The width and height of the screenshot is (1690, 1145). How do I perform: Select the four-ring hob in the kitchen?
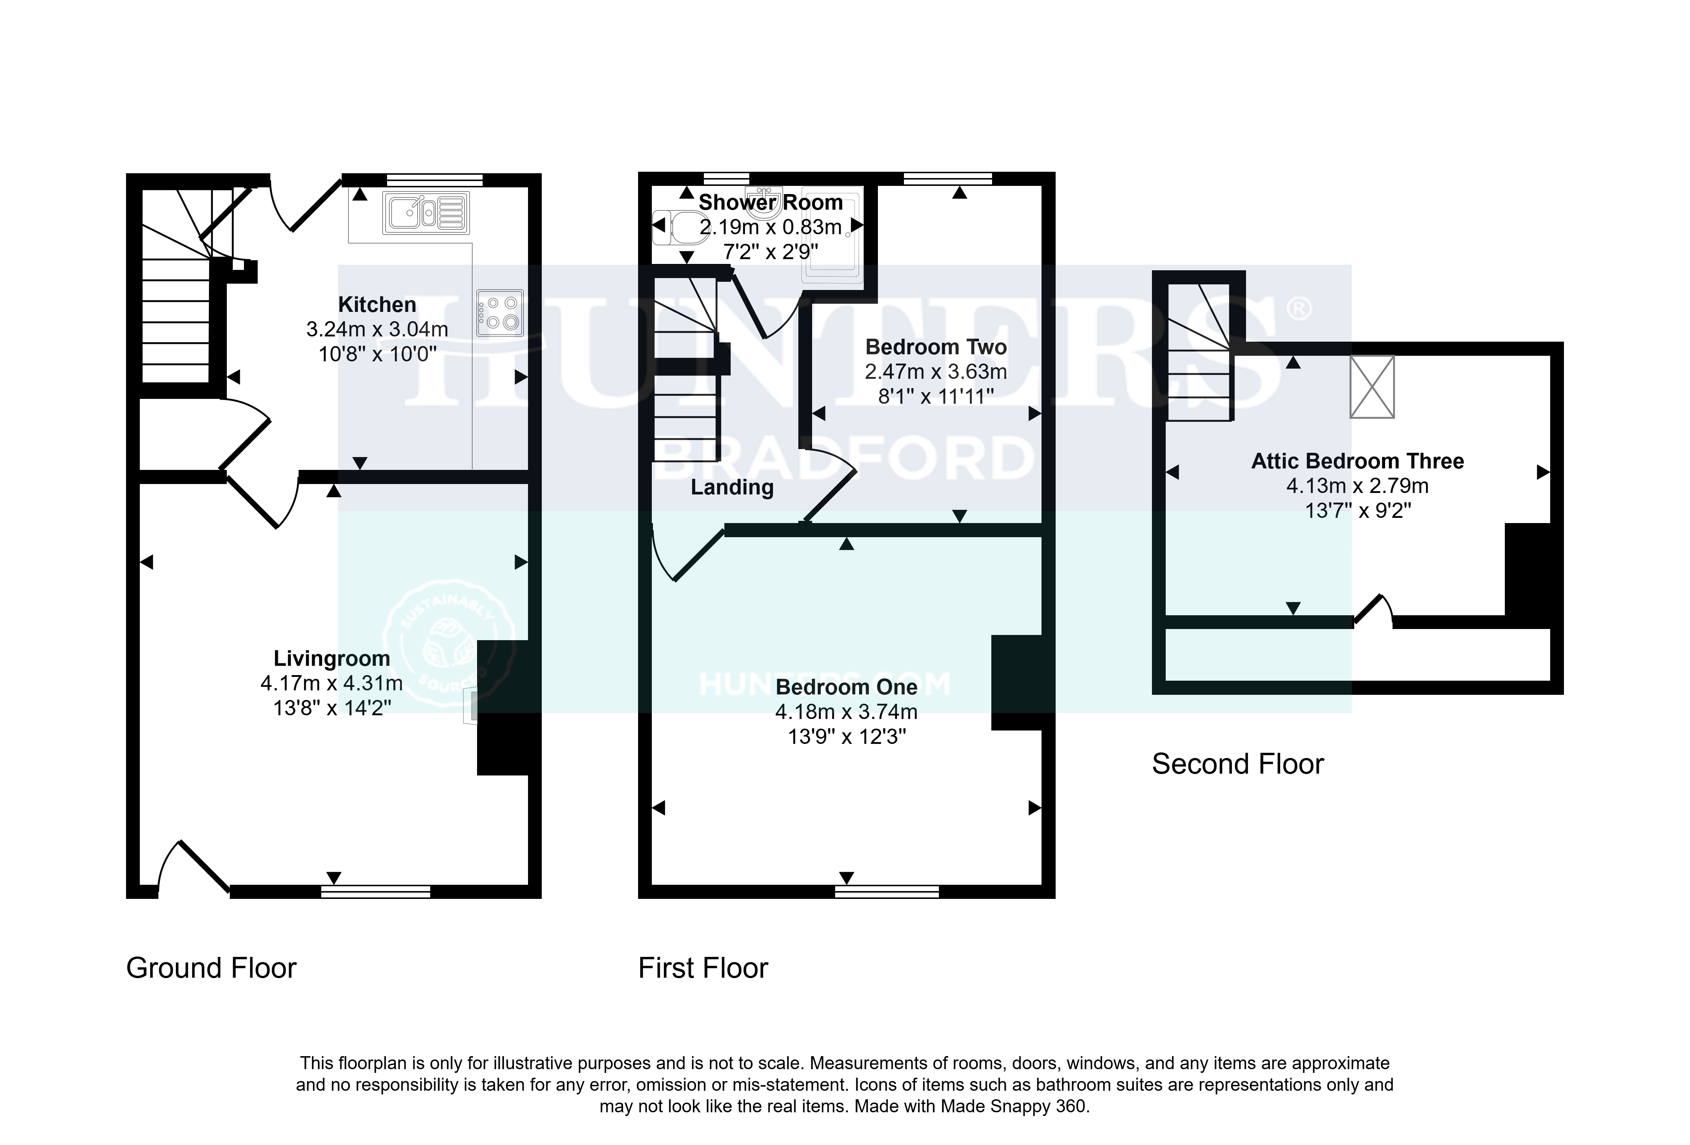point(500,313)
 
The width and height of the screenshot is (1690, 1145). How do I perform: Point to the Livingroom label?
point(332,659)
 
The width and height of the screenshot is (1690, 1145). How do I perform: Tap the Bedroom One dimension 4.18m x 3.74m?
point(846,712)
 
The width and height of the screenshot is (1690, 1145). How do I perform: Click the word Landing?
point(731,487)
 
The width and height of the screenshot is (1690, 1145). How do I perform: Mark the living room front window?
point(376,891)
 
